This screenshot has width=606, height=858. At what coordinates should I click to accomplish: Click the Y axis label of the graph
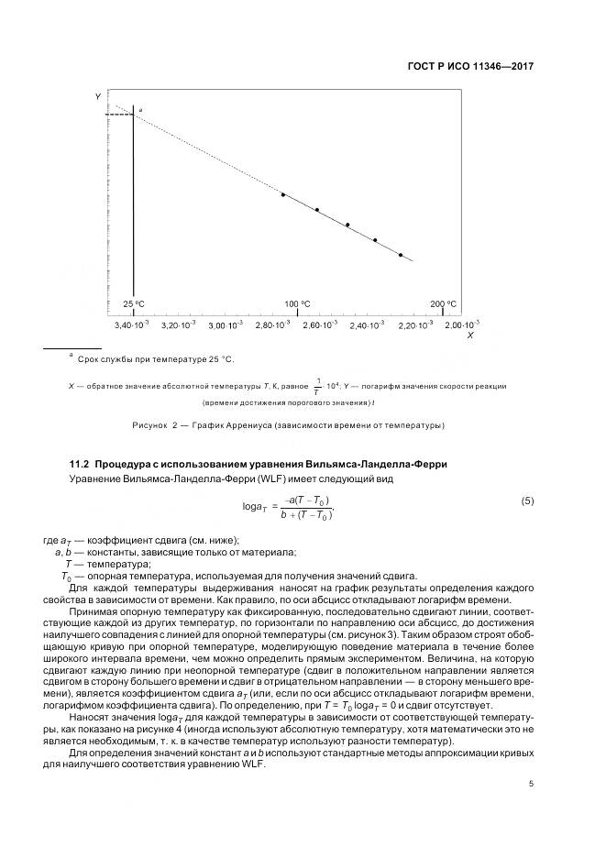98,96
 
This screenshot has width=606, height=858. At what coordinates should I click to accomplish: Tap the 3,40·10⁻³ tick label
131,324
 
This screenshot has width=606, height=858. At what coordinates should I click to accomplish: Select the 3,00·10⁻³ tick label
225,324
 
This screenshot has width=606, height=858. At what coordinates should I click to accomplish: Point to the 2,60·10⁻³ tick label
319,324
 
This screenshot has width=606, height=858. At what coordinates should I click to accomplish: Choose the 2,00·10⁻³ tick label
461,324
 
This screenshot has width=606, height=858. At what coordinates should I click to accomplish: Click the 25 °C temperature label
134,304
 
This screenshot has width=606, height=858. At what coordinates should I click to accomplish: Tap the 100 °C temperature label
297,304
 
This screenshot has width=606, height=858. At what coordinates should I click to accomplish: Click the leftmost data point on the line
283,194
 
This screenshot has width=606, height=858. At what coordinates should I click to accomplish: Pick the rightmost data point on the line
401,255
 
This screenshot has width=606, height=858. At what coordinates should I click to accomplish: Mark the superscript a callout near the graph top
140,109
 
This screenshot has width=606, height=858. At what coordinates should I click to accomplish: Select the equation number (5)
527,500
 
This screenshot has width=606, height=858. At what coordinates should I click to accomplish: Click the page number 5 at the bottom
531,783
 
